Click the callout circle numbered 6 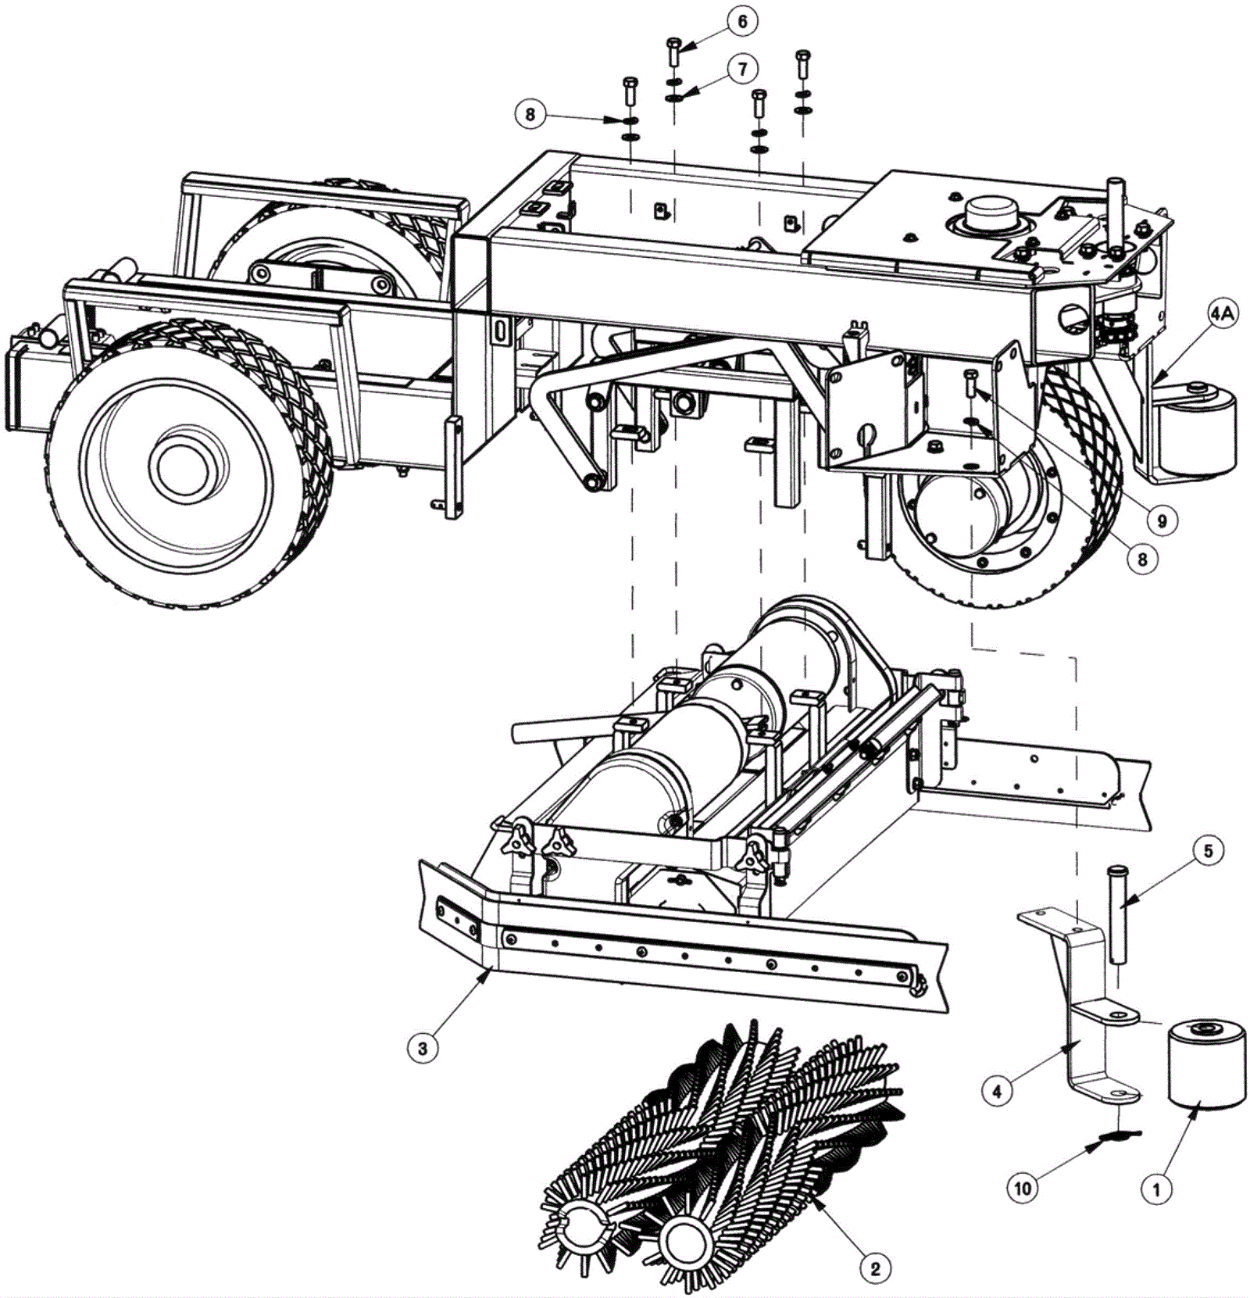[741, 22]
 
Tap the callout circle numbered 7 [741, 69]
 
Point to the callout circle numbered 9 [1162, 520]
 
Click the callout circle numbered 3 [423, 1048]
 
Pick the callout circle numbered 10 [1022, 1189]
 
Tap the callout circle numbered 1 [1156, 1189]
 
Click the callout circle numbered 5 [1208, 851]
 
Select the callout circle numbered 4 [997, 1091]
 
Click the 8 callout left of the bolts [530, 116]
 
